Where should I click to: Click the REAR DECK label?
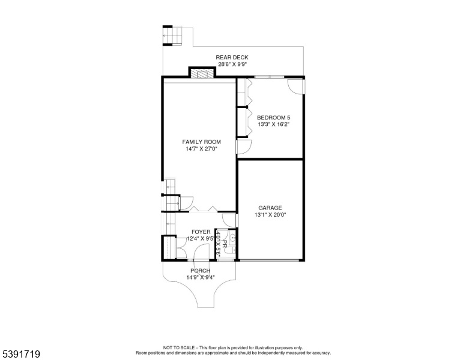[232, 58]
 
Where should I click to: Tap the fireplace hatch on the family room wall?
[202, 74]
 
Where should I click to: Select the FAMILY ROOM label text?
[202, 142]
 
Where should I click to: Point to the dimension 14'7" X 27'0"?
[202, 149]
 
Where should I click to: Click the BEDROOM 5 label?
[273, 118]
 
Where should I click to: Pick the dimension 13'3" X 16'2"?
[273, 124]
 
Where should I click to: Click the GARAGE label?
[270, 208]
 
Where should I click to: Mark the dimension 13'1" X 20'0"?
[270, 215]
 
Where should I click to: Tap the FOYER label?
[201, 232]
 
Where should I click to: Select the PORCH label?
[201, 271]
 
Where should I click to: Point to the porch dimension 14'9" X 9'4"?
[201, 278]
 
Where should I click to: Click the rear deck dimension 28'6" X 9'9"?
[232, 64]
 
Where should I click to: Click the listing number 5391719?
[21, 354]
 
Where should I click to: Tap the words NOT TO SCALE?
[178, 348]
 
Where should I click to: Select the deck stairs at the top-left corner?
[173, 35]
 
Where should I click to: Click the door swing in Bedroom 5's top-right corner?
[295, 87]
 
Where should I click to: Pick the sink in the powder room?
[232, 238]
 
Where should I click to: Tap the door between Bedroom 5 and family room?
[244, 147]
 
